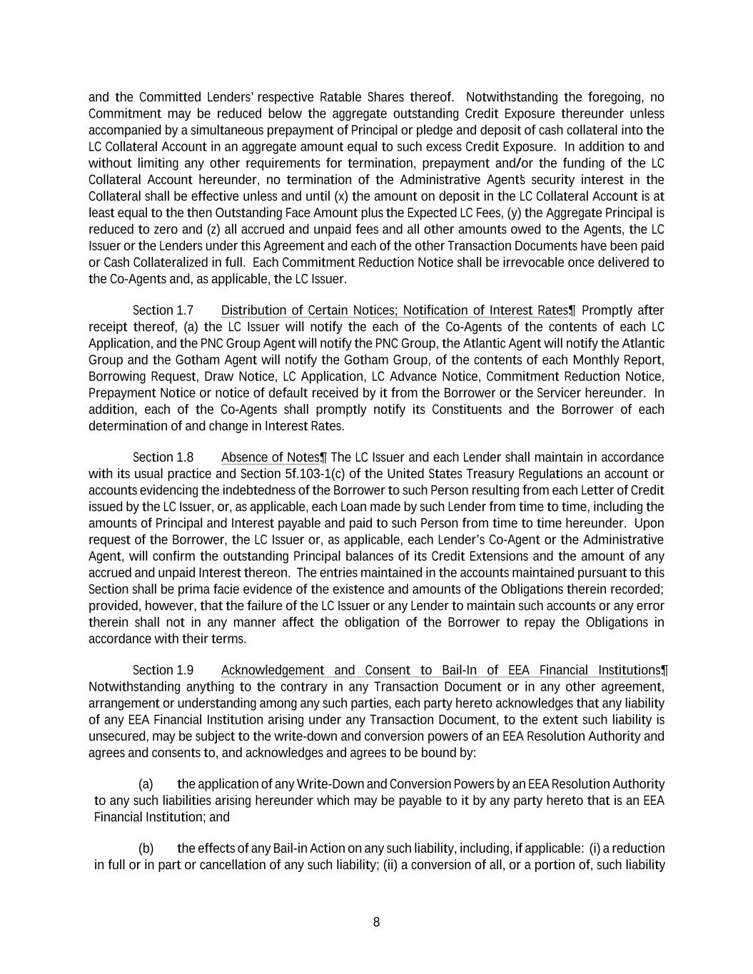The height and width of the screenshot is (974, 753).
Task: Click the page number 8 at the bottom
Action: point(376,922)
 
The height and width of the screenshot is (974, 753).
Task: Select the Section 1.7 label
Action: point(163,310)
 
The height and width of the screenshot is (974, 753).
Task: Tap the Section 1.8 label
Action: point(163,457)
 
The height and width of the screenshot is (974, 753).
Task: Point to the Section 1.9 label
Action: point(163,670)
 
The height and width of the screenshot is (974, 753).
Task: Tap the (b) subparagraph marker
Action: point(146,848)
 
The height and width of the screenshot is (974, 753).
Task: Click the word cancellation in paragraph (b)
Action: point(231,865)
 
